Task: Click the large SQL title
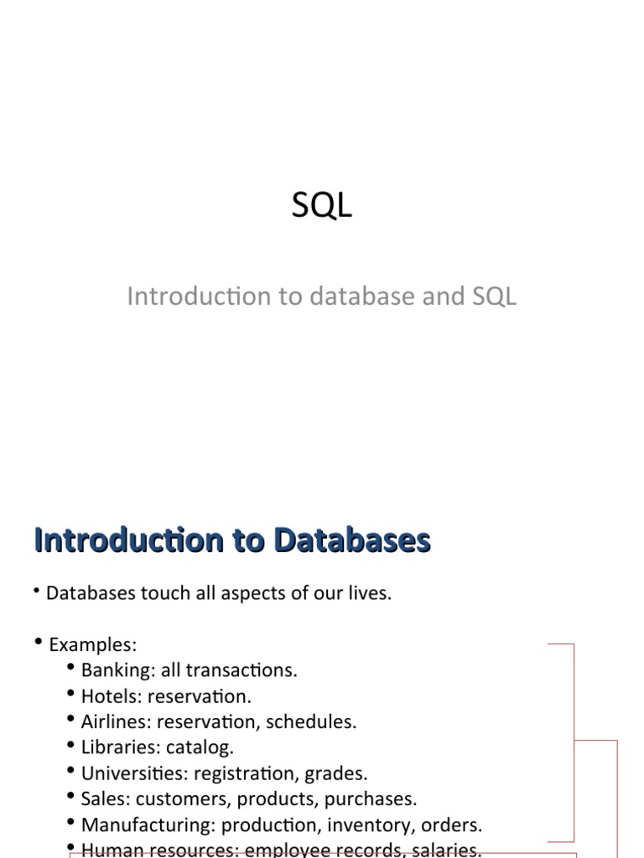pos(322,206)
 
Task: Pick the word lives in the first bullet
pos(370,593)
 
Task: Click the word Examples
pos(91,645)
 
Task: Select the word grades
pos(340,773)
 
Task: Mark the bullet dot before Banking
pos(69,669)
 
